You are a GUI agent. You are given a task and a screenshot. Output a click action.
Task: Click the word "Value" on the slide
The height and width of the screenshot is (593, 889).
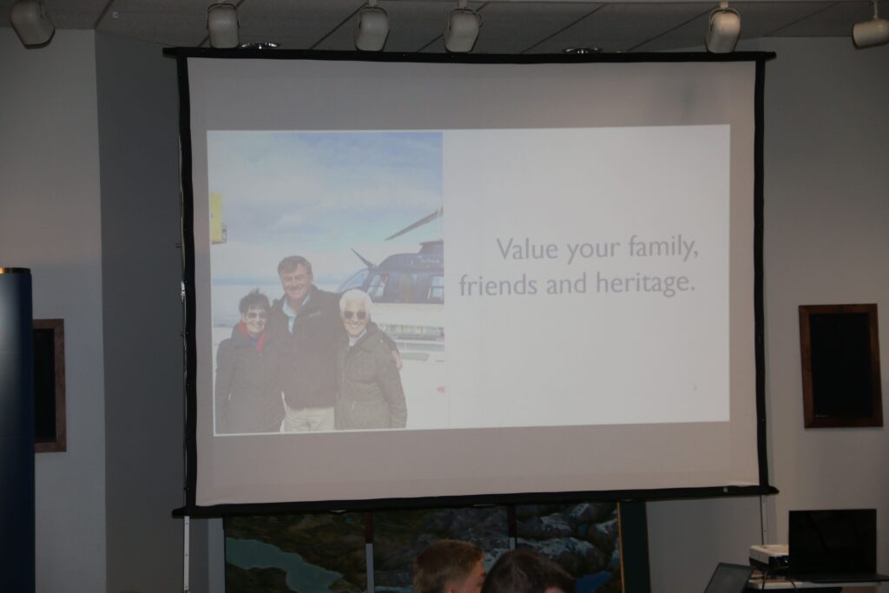[x=527, y=249]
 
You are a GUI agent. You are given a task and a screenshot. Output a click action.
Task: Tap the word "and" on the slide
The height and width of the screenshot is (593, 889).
[x=567, y=283]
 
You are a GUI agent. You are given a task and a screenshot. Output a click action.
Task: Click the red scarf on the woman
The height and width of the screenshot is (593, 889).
[x=254, y=337]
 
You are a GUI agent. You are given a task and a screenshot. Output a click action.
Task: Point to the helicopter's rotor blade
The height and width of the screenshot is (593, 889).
[x=413, y=223]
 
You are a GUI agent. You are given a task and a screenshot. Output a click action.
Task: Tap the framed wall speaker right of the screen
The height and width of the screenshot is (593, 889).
[x=840, y=366]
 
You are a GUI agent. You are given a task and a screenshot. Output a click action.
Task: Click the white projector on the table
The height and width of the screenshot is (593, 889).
[x=769, y=557]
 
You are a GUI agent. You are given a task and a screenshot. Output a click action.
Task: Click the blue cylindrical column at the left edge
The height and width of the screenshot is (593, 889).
[x=16, y=431]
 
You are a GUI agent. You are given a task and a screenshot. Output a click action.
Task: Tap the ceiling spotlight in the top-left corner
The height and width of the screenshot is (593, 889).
[x=32, y=22]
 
